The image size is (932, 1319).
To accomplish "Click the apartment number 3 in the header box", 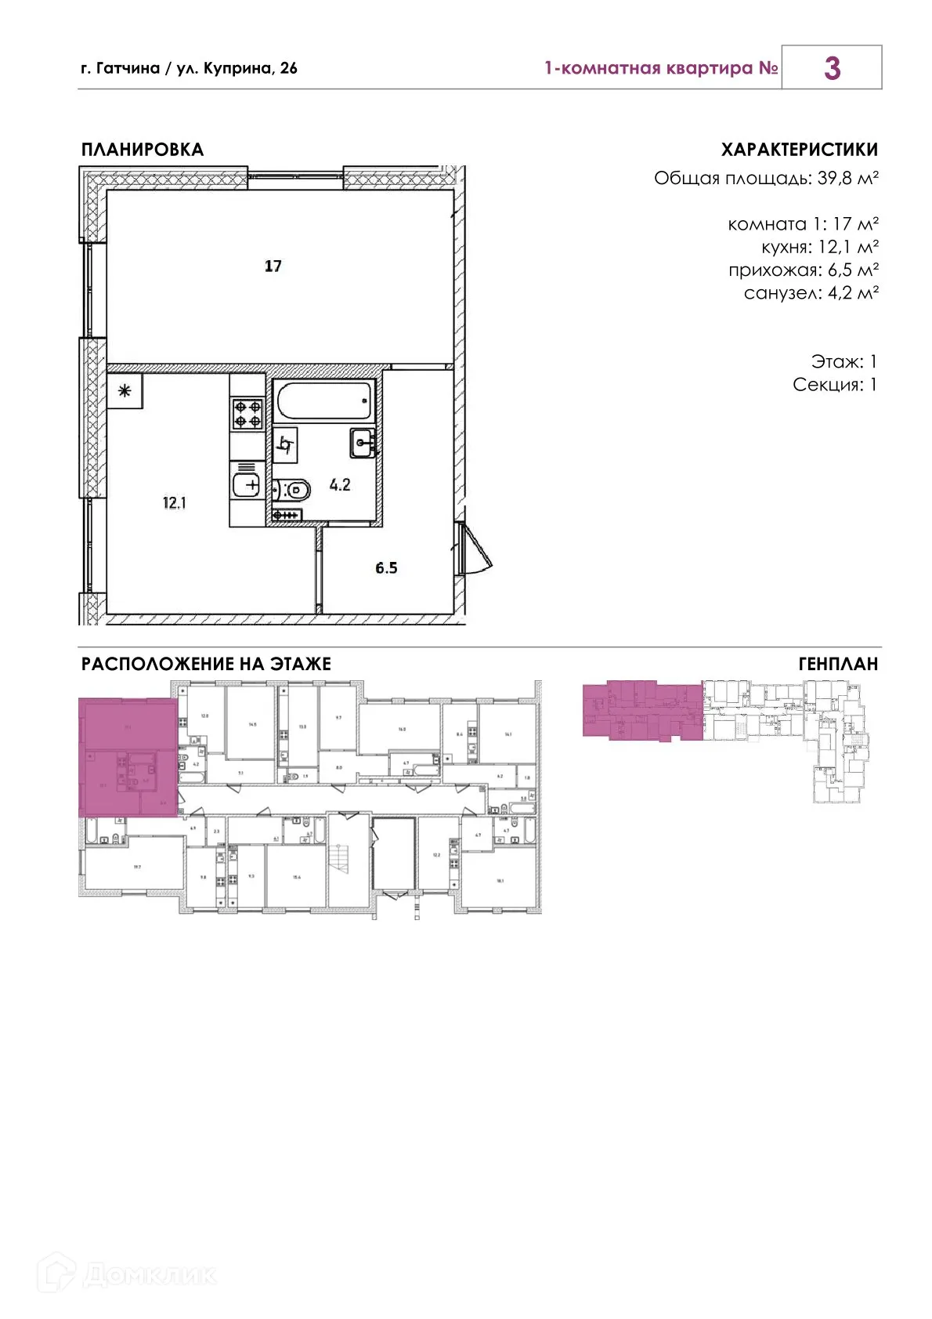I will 832,68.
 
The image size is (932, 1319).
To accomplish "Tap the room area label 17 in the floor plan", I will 273,266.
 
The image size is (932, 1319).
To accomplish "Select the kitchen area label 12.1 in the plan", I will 174,503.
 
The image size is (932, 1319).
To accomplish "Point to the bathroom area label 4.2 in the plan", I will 340,485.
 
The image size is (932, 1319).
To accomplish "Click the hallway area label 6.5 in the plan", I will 386,568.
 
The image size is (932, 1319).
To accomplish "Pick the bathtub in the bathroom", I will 323,401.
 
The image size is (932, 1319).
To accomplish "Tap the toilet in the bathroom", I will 293,491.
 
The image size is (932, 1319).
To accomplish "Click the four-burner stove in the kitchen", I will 247,414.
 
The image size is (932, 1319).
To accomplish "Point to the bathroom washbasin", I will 363,444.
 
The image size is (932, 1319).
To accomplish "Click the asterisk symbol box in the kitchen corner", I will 125,390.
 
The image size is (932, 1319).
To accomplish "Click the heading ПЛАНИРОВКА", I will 143,150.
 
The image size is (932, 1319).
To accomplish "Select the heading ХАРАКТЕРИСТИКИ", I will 799,150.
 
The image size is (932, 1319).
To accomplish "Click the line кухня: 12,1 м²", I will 819,248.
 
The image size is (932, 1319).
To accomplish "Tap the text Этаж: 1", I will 843,362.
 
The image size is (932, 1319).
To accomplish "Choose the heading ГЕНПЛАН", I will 838,665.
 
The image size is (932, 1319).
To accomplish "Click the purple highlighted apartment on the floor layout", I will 128,756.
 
